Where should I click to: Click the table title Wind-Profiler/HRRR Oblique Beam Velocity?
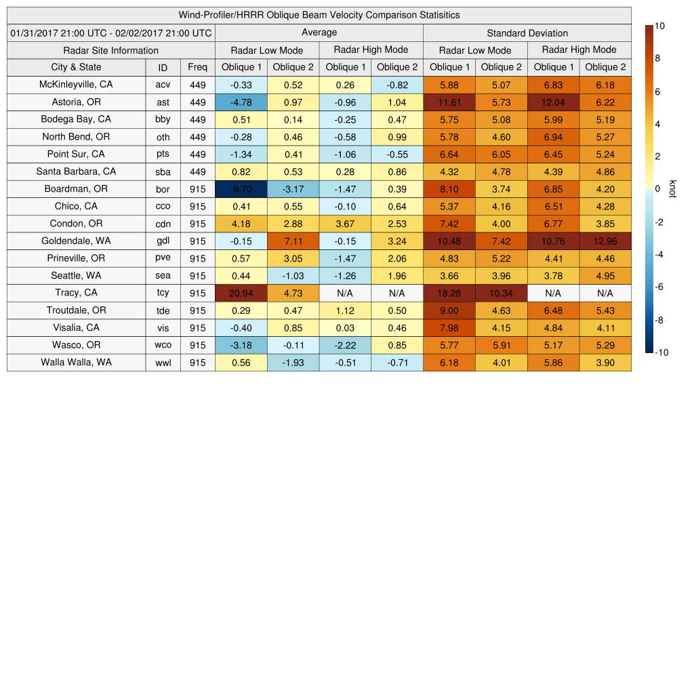(319, 15)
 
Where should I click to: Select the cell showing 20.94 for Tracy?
(241, 293)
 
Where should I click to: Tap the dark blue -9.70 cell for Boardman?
(241, 188)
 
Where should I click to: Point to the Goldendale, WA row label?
(76, 241)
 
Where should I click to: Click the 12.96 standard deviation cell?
(605, 241)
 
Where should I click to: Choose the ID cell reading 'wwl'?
(163, 363)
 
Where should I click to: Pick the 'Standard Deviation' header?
(527, 33)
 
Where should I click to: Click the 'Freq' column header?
(197, 67)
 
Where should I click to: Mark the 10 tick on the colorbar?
(659, 26)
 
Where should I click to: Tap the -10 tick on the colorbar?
(661, 352)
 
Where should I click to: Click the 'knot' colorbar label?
(672, 188)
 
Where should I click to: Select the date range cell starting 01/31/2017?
(111, 33)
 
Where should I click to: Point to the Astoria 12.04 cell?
(553, 102)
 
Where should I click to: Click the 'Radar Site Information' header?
(111, 50)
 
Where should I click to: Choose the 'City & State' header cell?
(76, 67)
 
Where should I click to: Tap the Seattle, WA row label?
(76, 275)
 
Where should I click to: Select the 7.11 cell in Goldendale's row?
(293, 241)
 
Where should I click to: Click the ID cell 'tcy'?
(163, 293)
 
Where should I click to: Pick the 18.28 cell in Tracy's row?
(449, 293)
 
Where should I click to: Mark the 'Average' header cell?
(319, 33)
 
